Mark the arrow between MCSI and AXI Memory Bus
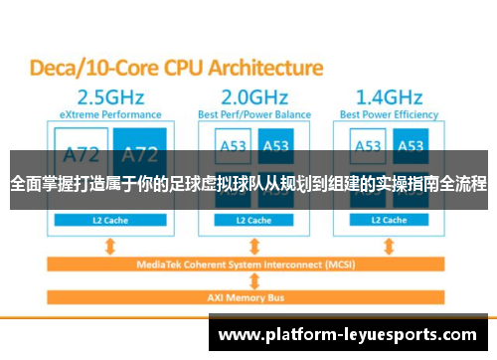(256, 280)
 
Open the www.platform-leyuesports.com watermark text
(350, 335)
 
